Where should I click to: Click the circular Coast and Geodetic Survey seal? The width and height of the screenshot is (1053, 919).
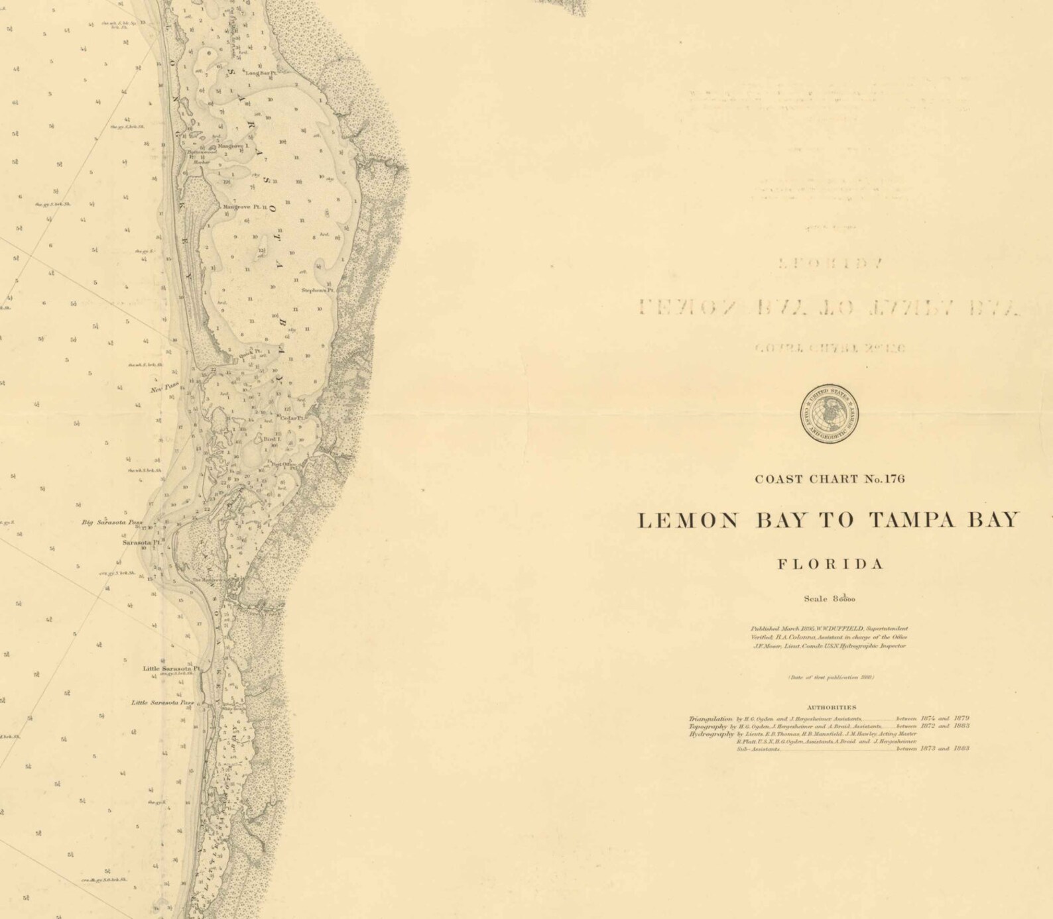coord(829,413)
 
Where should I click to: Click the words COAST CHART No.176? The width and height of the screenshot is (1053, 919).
coord(830,479)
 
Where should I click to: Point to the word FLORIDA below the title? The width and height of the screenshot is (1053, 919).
coord(830,565)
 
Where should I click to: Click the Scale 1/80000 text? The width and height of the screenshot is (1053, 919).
coord(830,599)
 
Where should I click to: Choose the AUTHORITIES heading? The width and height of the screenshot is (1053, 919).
coord(831,707)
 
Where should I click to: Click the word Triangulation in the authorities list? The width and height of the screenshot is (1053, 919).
coord(710,719)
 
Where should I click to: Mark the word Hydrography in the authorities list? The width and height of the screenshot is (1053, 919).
coord(711,734)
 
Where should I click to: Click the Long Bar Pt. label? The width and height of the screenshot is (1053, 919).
coord(260,73)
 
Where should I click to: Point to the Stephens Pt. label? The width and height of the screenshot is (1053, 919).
coord(318,290)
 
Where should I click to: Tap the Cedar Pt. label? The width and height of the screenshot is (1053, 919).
coord(292,418)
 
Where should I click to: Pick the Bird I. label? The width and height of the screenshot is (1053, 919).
coord(273,439)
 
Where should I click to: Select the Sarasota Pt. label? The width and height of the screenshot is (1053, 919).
coord(141,542)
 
